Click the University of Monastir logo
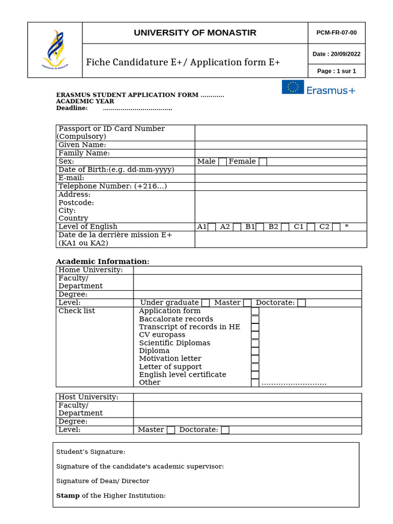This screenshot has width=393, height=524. (55, 50)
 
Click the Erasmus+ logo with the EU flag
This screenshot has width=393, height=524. (318, 88)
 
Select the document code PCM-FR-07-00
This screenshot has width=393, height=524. (336, 33)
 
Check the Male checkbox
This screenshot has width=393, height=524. (222, 162)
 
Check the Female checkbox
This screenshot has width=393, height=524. (263, 162)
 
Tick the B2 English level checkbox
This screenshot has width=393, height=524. (285, 227)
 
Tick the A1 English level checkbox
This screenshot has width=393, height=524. (211, 227)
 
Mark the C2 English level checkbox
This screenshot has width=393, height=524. (336, 227)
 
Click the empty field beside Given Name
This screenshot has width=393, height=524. (280, 145)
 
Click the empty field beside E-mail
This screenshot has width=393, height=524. (280, 178)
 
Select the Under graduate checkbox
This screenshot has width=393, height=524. (205, 303)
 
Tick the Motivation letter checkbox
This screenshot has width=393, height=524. (255, 359)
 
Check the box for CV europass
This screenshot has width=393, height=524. (255, 335)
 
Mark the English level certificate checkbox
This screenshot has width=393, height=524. (255, 375)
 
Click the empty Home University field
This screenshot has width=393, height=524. (247, 270)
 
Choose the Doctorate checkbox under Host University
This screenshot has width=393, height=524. (225, 430)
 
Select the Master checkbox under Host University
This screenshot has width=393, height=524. (171, 430)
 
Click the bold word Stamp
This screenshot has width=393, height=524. (68, 495)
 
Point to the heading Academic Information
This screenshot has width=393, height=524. (102, 261)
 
